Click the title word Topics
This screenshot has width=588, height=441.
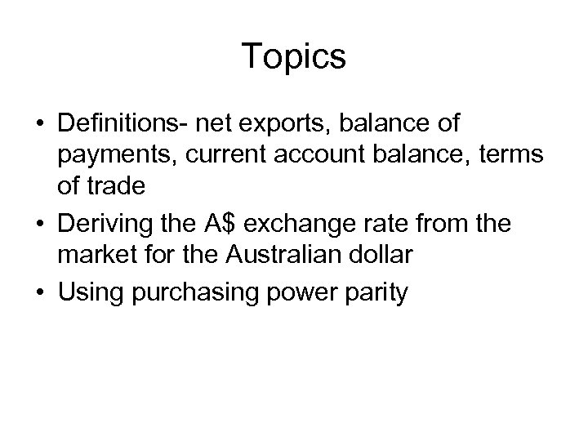[294, 57]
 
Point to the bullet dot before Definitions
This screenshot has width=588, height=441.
[42, 125]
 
